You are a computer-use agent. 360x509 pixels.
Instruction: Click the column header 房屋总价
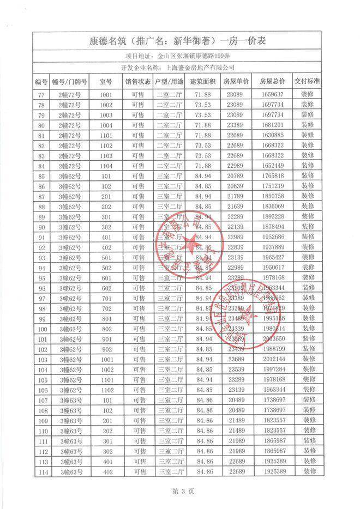click(273, 81)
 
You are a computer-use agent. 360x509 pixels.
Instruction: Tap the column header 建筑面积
click(203, 81)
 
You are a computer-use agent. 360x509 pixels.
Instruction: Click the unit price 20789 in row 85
click(236, 176)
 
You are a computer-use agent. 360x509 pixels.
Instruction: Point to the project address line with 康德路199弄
click(180, 55)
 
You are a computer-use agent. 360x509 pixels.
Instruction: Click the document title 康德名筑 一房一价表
click(180, 40)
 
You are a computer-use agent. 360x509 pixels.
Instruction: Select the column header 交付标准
click(308, 81)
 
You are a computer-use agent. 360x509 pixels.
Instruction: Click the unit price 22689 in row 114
click(236, 472)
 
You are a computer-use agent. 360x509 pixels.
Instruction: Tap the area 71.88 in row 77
click(203, 94)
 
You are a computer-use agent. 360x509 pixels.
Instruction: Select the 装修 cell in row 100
click(308, 329)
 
